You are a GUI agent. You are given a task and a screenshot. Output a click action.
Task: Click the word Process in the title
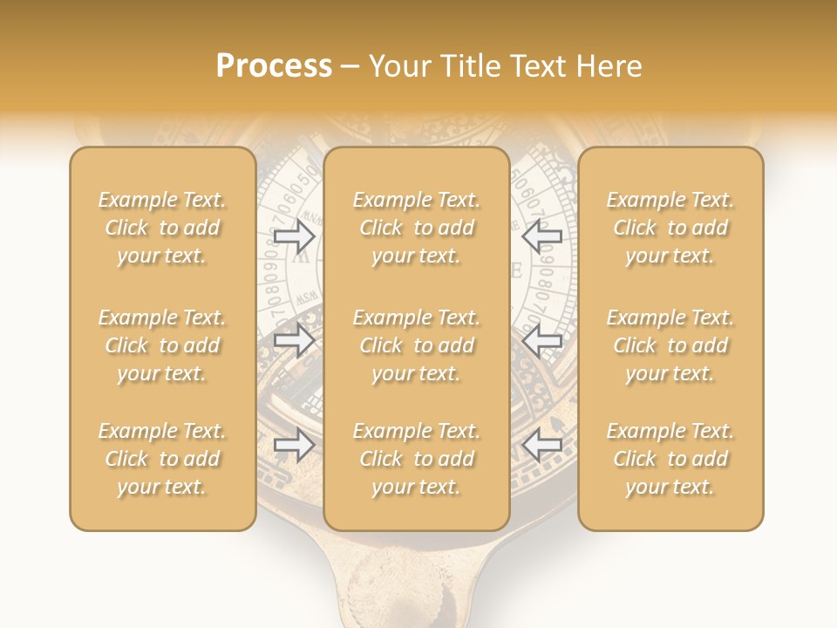pos(274,66)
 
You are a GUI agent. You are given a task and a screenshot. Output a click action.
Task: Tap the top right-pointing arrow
pos(294,235)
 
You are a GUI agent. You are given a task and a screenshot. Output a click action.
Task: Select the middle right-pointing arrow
pos(294,341)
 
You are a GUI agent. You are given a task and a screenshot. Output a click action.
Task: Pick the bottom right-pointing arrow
pos(294,446)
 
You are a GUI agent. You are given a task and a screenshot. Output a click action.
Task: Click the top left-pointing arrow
pos(541,235)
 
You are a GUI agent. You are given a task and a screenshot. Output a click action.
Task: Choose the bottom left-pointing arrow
pos(541,446)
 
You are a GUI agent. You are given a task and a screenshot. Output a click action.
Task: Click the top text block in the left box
pos(162,228)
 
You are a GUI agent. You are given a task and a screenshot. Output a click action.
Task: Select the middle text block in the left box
pos(162,345)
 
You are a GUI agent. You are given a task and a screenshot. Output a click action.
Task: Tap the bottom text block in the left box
pos(162,459)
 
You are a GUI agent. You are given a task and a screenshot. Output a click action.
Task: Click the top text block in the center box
pos(417,228)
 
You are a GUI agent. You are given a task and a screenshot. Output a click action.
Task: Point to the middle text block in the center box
pos(417,345)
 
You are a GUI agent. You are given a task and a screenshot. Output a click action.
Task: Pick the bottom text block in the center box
pos(417,459)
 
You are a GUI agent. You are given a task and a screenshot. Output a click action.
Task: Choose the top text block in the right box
pos(670,228)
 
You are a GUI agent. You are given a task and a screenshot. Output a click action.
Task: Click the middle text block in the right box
pos(670,345)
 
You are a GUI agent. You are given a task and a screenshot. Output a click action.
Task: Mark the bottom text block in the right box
pos(670,459)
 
